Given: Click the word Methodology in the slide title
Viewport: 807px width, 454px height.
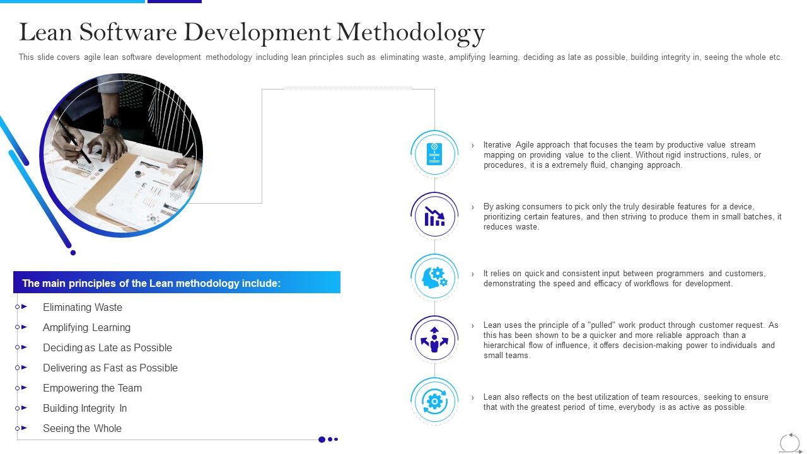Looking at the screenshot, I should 410,33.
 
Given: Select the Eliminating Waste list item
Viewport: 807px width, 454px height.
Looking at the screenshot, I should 83,308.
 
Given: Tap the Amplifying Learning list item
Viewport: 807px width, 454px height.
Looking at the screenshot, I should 86,328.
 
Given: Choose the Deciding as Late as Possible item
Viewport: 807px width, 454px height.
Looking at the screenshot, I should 107,348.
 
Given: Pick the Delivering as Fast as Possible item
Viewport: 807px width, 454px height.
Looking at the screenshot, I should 110,368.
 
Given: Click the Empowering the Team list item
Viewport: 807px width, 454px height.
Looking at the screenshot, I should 92,388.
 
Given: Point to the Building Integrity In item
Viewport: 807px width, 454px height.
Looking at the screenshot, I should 84,409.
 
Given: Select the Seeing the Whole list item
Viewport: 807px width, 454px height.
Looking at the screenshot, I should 82,429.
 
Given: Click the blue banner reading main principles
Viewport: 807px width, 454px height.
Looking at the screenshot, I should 177,283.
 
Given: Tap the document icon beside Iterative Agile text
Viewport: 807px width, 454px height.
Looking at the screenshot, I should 434,154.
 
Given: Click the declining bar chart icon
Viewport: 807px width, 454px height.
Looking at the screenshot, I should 434,216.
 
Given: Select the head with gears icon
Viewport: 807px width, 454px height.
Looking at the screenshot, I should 434,277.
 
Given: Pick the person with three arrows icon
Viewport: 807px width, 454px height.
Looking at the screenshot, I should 434,339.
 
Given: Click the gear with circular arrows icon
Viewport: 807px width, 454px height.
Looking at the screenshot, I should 434,401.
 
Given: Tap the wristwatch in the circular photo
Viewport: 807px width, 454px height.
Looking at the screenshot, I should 112,122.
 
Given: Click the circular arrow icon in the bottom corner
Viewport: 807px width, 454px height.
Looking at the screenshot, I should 789,442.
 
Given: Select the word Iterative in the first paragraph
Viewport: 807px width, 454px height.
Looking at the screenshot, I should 497,145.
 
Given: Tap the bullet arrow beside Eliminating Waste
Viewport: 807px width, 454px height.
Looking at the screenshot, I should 24,307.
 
